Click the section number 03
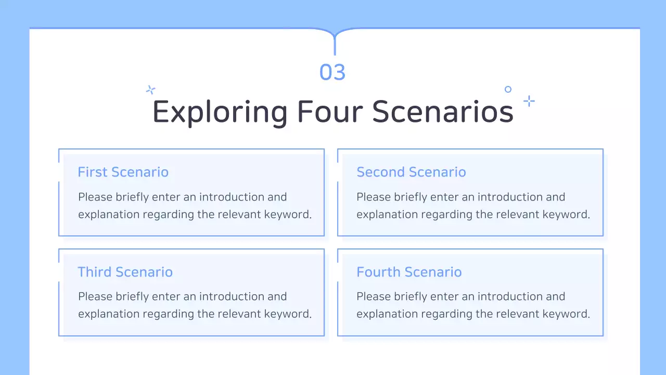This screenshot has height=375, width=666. tap(332, 72)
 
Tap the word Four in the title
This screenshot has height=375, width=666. tap(330, 111)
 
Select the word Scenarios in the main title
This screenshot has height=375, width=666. tap(443, 111)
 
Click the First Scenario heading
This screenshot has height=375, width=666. tap(123, 172)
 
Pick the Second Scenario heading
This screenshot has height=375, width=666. tap(411, 172)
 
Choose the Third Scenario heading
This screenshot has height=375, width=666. tap(125, 272)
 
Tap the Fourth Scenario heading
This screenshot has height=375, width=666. tap(409, 272)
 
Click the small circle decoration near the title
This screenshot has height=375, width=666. tap(508, 90)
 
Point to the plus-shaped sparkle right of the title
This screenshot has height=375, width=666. tap(529, 101)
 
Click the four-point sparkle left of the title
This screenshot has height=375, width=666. tap(151, 90)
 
